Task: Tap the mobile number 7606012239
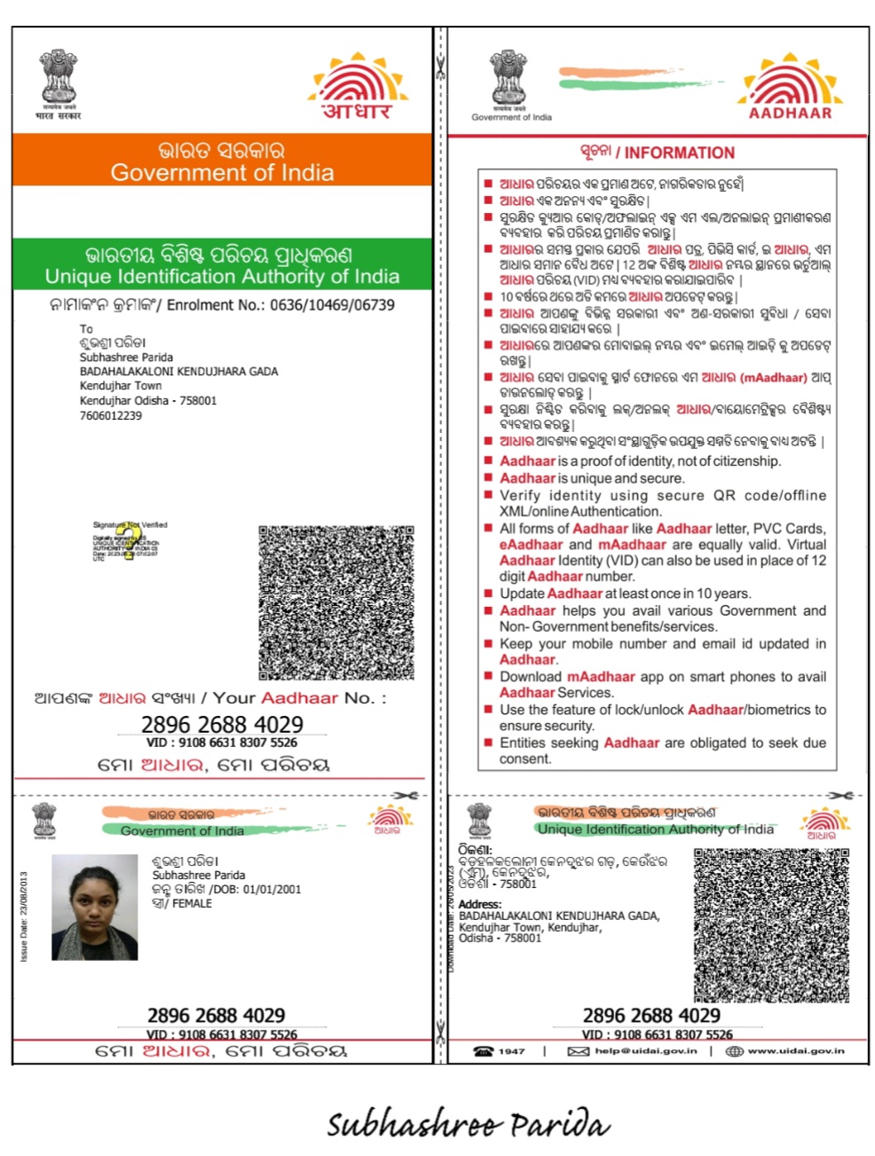111,415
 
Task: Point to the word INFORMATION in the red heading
679,153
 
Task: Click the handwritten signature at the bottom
468,1124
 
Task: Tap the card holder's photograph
95,907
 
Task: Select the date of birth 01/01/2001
272,889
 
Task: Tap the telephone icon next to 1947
483,1051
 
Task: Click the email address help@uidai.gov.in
646,1051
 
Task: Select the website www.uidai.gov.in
795,1051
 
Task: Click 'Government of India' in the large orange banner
222,172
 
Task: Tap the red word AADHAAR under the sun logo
790,113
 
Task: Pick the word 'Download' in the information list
531,677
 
